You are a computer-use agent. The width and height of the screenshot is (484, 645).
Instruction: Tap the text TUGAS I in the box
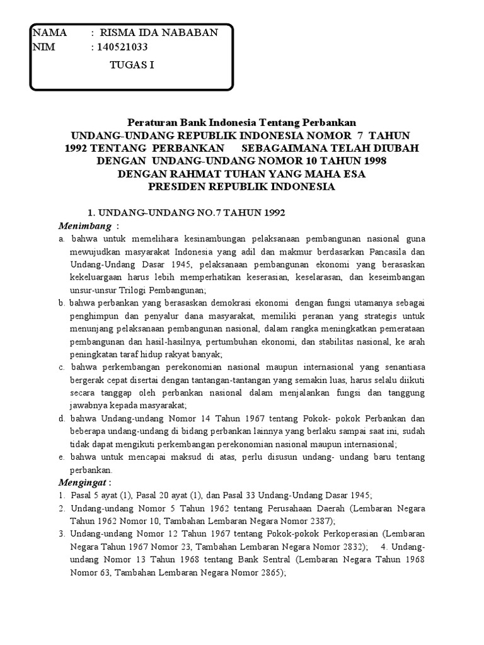(x=132, y=64)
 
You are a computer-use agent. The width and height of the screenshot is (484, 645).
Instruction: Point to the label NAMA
(x=49, y=33)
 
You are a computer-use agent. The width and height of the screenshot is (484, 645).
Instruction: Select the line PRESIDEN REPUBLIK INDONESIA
(x=242, y=187)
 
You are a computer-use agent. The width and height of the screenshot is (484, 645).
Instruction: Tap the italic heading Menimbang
(x=85, y=225)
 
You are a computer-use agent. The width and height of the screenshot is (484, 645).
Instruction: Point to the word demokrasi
(x=226, y=303)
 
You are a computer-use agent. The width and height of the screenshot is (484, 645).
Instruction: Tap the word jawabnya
(x=88, y=405)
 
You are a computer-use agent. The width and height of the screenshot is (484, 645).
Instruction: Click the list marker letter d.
(x=62, y=418)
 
